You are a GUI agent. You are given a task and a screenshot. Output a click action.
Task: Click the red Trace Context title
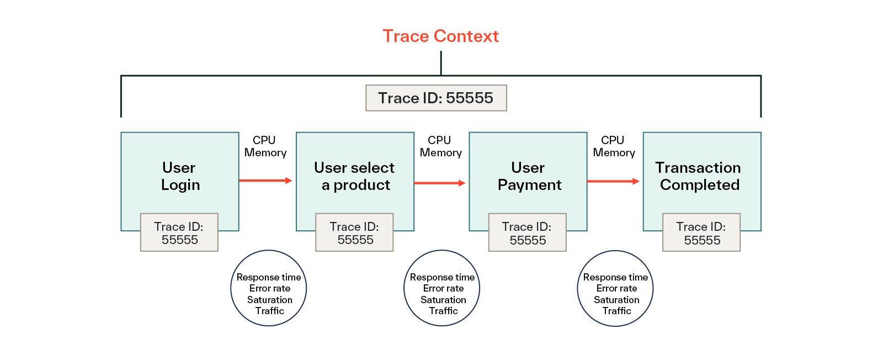pyautogui.click(x=441, y=36)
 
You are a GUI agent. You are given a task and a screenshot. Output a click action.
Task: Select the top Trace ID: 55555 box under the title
pyautogui.click(x=436, y=98)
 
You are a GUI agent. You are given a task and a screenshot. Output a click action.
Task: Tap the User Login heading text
pyautogui.click(x=180, y=176)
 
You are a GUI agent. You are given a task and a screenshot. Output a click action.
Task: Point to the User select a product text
pyautogui.click(x=355, y=176)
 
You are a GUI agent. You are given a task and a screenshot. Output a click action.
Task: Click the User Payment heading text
pyautogui.click(x=529, y=176)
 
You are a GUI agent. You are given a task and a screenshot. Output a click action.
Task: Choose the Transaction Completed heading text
pyautogui.click(x=699, y=176)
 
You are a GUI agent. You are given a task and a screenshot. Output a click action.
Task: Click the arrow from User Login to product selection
pyautogui.click(x=265, y=181)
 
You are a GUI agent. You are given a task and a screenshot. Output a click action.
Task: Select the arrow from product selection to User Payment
pyautogui.click(x=439, y=183)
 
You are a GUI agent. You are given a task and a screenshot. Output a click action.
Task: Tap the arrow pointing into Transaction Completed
pyautogui.click(x=613, y=181)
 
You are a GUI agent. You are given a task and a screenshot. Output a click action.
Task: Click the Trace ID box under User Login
pyautogui.click(x=179, y=232)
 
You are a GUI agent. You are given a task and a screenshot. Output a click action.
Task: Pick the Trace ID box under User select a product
pyautogui.click(x=354, y=232)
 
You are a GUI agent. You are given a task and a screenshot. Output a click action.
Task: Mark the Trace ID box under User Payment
pyautogui.click(x=528, y=232)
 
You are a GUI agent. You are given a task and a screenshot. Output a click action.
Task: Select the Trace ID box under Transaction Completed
pyautogui.click(x=701, y=232)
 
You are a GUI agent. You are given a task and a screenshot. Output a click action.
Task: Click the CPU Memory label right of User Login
pyautogui.click(x=265, y=146)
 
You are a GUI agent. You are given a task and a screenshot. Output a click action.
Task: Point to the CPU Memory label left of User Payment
pyautogui.click(x=440, y=146)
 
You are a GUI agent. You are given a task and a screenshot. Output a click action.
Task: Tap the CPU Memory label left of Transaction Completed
pyautogui.click(x=614, y=146)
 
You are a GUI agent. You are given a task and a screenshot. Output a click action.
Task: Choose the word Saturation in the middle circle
pyautogui.click(x=443, y=300)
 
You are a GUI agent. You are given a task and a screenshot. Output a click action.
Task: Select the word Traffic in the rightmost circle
pyautogui.click(x=616, y=311)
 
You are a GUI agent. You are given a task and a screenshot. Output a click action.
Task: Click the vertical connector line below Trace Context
pyautogui.click(x=441, y=63)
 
